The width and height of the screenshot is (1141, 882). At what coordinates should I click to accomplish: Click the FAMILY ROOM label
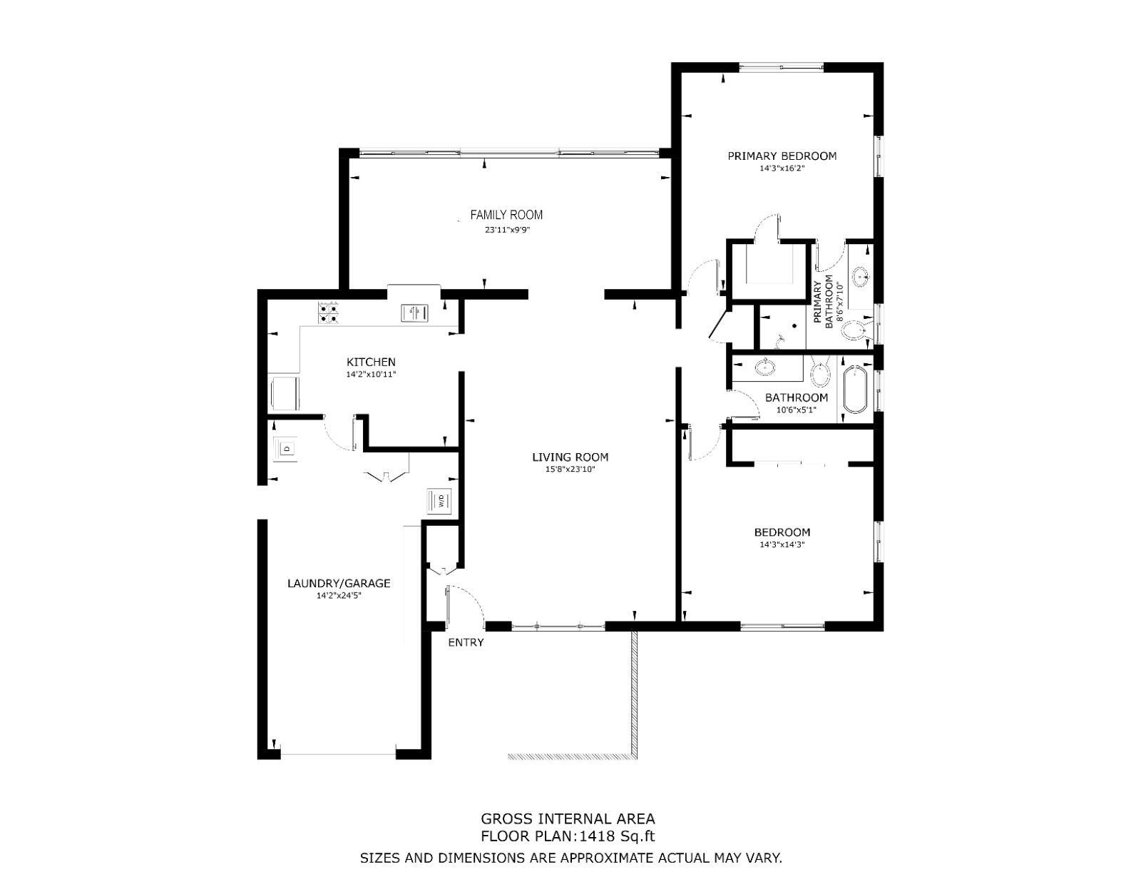tap(506, 215)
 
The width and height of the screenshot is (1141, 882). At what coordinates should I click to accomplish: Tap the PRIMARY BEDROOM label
tap(782, 156)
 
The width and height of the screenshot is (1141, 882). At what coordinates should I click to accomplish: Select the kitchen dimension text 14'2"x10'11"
tap(371, 375)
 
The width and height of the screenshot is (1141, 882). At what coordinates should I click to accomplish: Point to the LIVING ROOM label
tap(570, 457)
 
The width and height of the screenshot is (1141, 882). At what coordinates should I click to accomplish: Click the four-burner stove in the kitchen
tap(328, 313)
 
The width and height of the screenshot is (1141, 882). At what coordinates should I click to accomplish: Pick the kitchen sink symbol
tap(415, 313)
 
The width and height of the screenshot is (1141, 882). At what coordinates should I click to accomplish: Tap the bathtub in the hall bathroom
tap(855, 389)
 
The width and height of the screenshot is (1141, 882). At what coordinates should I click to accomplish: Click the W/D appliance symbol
tap(440, 499)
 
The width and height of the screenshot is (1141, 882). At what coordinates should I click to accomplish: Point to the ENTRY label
tap(466, 642)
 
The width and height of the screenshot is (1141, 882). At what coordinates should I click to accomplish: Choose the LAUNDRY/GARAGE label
tap(339, 583)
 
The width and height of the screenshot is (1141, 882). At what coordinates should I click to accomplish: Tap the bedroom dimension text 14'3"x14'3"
tap(782, 544)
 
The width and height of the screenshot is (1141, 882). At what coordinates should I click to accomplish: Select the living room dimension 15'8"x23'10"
tap(570, 470)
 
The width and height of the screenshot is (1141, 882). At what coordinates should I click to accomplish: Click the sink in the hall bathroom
tap(765, 367)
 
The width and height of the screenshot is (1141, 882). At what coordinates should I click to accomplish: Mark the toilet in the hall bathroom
tap(819, 371)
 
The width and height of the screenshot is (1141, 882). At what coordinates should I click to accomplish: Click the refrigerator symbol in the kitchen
tap(284, 392)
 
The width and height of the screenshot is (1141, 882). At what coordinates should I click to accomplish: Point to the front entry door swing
tap(466, 606)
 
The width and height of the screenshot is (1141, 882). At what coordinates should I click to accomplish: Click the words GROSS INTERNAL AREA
tap(568, 819)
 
